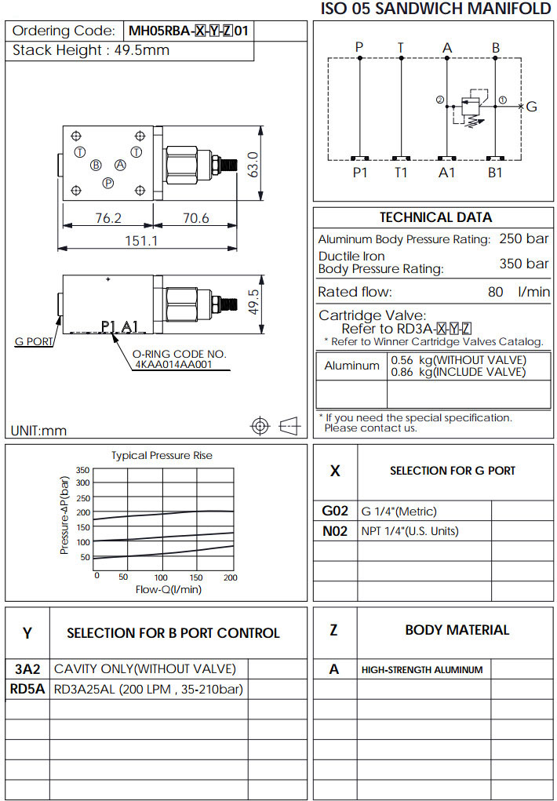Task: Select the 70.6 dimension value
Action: pos(196,219)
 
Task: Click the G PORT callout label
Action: pos(34,341)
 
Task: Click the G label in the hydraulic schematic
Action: pos(531,107)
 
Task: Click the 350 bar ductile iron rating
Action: pos(524,264)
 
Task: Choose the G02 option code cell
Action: pos(335,511)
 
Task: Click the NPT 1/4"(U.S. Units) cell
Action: pos(410,531)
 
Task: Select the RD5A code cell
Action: pos(27,690)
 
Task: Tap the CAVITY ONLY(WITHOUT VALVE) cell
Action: pos(144,669)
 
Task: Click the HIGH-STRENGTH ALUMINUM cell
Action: pos(422,670)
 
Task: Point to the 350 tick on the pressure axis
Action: pos(83,471)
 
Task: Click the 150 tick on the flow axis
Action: pos(196,578)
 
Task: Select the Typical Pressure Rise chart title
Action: pos(162,455)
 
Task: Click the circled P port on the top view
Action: pos(107,182)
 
